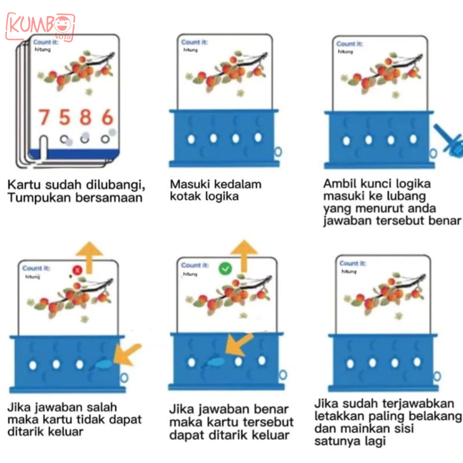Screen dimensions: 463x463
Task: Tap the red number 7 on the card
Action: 44,117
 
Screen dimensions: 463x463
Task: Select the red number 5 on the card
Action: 65,117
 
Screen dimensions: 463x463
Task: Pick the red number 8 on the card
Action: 85,117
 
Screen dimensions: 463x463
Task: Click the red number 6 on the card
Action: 107,117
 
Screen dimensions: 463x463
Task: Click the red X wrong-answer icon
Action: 77,270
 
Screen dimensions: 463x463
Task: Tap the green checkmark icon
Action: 225,269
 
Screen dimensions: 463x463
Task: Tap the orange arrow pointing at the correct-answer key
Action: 238,345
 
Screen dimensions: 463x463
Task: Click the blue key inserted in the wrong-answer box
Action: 103,364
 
